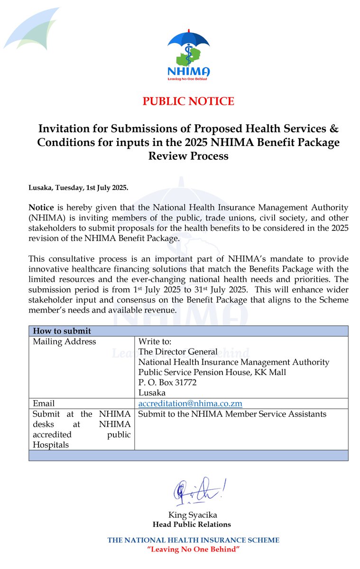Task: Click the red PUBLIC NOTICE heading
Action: point(188,101)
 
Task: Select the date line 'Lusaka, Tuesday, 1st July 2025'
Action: point(78,188)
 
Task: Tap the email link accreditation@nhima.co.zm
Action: point(190,404)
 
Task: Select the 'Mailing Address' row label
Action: point(64,341)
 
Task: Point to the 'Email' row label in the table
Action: point(44,404)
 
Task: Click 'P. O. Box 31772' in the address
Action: point(167,382)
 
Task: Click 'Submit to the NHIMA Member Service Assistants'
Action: point(232,414)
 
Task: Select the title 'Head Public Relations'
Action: point(192,524)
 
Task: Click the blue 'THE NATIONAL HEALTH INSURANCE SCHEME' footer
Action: point(193,540)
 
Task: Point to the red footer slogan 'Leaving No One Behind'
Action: point(193,549)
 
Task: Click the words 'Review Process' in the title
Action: point(188,156)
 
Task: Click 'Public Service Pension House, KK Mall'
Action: point(212,372)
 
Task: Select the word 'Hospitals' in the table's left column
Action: point(50,445)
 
